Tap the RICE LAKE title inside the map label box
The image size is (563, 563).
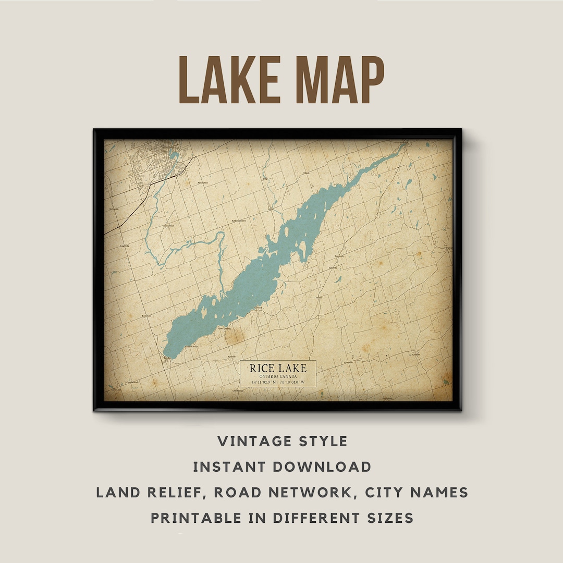pyautogui.click(x=278, y=368)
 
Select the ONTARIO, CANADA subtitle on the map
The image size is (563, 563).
pyautogui.click(x=278, y=376)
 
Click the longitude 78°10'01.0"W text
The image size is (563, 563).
pyautogui.click(x=292, y=382)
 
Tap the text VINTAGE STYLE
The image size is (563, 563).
pyautogui.click(x=282, y=441)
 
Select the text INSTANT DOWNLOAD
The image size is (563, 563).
pyautogui.click(x=282, y=467)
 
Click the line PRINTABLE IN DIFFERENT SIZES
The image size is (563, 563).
pyautogui.click(x=282, y=518)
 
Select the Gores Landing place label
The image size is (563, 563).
pyautogui.click(x=224, y=328)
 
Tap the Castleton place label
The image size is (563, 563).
pyautogui.click(x=416, y=354)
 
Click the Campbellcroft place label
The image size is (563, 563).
pyautogui.click(x=132, y=382)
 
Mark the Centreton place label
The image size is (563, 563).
pyautogui.click(x=348, y=362)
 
